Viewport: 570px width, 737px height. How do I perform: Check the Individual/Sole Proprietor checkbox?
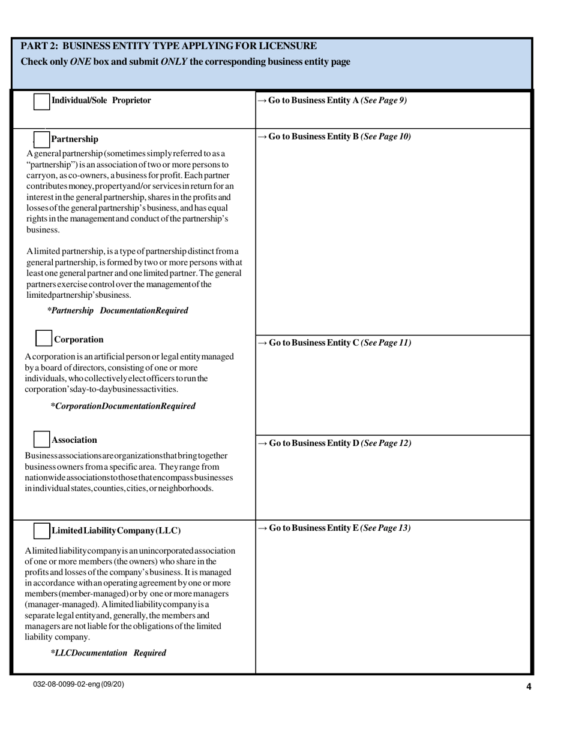(42, 101)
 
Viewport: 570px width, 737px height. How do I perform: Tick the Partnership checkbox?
(41, 140)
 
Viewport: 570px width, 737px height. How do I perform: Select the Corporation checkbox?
(44, 339)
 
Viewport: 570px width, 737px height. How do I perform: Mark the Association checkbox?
(41, 439)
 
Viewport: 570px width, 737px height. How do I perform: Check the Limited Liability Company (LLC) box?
(41, 531)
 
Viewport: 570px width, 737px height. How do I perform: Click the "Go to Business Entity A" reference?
(332, 101)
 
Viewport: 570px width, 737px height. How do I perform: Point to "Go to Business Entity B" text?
(334, 137)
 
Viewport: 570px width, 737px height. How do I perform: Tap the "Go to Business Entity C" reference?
(334, 343)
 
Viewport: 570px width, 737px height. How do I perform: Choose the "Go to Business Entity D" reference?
(334, 443)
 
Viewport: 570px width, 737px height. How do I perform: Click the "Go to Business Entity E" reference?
(334, 528)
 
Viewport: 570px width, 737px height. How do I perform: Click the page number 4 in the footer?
(529, 687)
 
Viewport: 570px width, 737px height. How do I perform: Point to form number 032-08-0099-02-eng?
(79, 684)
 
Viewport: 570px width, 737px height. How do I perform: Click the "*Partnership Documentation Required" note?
(118, 310)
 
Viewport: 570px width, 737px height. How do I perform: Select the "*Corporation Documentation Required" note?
(123, 406)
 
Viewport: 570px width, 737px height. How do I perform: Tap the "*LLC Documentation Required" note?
(109, 653)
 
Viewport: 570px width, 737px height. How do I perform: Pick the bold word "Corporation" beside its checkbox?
(79, 339)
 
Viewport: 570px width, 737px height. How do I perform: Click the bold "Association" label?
(74, 440)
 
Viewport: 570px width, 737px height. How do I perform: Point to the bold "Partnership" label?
(75, 139)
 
